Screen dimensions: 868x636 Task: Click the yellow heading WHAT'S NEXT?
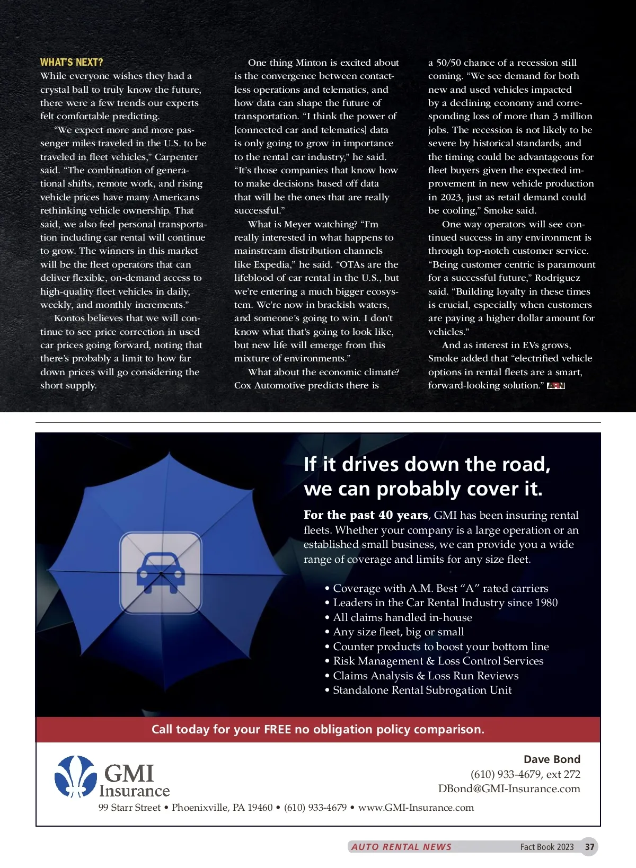click(x=72, y=62)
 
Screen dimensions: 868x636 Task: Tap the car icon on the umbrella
click(x=161, y=573)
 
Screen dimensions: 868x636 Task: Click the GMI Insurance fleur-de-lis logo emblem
click(x=76, y=776)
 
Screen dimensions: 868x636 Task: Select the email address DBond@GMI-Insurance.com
click(x=509, y=789)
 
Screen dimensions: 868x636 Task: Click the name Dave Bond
click(x=552, y=759)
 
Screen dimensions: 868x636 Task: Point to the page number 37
click(x=589, y=847)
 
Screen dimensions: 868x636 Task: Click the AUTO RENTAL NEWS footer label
click(x=401, y=847)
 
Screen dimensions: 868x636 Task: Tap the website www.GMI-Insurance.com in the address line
click(x=416, y=808)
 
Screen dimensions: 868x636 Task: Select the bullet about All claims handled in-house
click(x=402, y=617)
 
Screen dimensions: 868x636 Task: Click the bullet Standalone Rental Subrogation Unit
click(x=422, y=690)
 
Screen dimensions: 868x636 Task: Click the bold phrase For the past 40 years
click(x=366, y=515)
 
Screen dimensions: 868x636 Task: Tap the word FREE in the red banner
click(x=277, y=729)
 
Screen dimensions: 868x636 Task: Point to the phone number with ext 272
click(x=525, y=774)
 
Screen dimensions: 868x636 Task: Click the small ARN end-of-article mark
click(x=556, y=386)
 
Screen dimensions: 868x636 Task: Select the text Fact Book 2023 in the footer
click(x=546, y=847)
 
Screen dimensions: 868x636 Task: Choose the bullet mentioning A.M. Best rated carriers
click(x=440, y=588)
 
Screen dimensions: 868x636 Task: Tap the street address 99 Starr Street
click(x=129, y=808)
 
